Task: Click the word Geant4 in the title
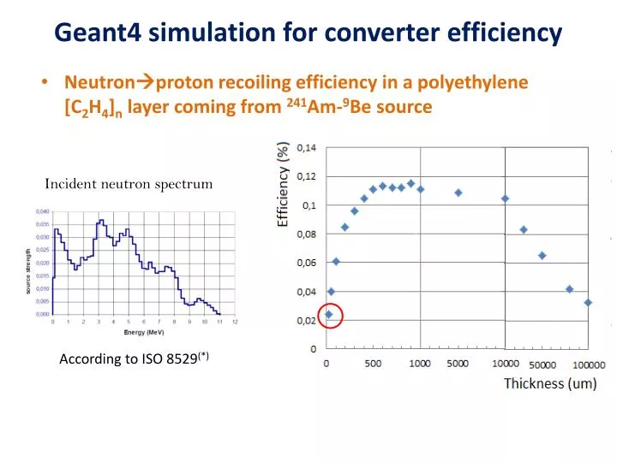(98, 33)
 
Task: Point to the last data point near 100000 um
(588, 302)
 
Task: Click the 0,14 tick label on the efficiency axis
(306, 148)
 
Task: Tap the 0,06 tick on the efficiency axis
(306, 263)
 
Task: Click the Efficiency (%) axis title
(282, 186)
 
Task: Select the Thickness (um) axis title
(549, 383)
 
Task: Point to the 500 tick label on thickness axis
(374, 364)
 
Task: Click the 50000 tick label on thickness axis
(542, 364)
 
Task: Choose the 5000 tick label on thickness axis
(458, 364)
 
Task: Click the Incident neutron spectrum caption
(129, 183)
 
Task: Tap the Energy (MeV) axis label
(143, 332)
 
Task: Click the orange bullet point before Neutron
(44, 83)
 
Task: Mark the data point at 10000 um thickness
(505, 198)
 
